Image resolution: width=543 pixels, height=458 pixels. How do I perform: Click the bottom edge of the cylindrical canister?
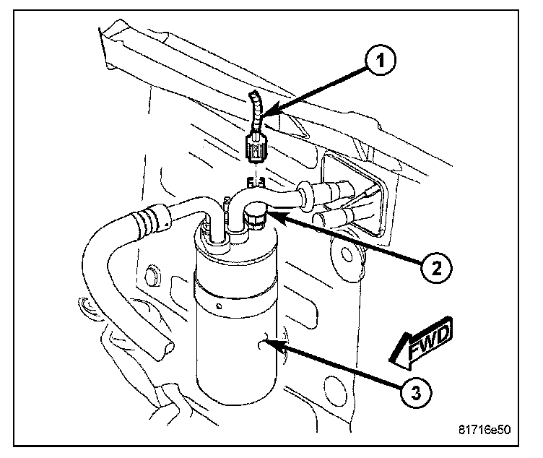point(235,402)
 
